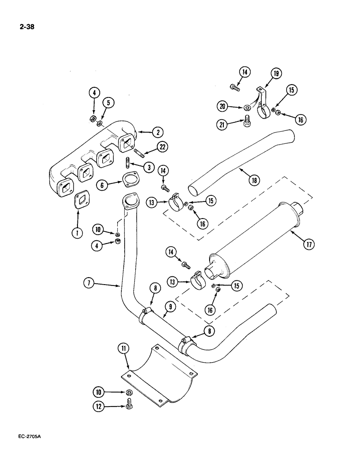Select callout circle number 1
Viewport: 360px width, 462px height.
(x=77, y=233)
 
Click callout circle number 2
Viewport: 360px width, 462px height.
(x=158, y=132)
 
